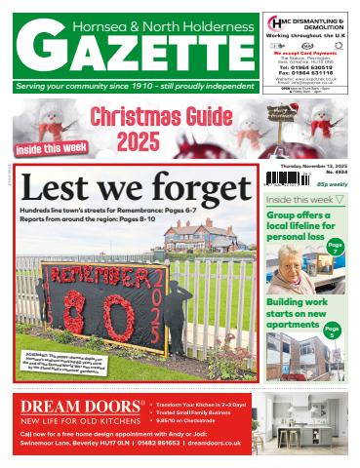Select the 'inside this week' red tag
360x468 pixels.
pos(50,148)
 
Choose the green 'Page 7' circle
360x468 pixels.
pos(336,249)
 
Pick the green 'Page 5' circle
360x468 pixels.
pos(333,332)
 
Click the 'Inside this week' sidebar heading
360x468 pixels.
pos(300,200)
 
